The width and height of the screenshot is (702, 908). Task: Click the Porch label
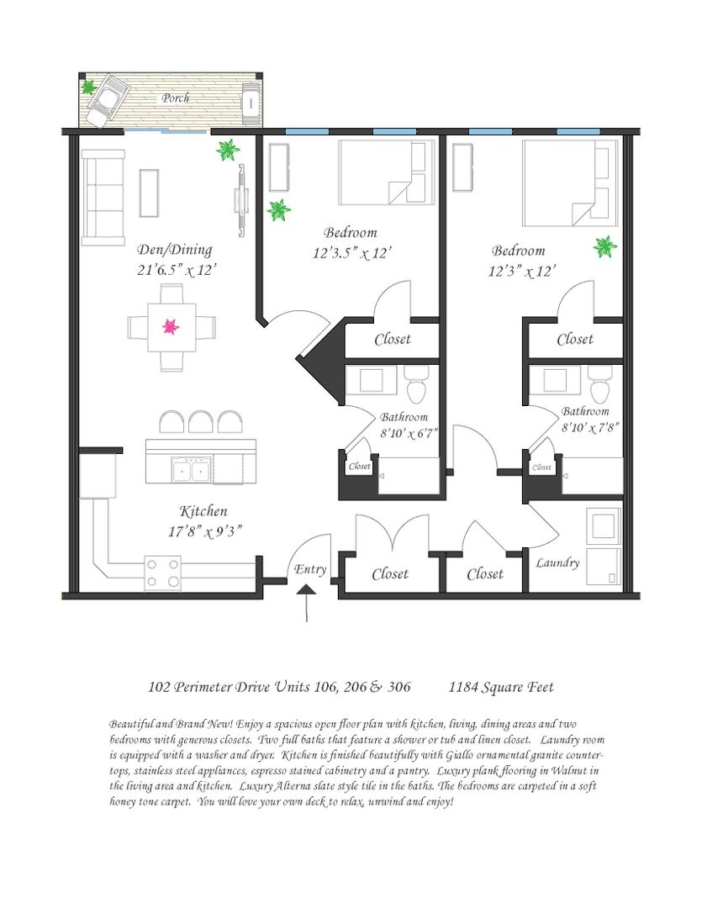coord(176,98)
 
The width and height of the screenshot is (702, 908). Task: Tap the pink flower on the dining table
coord(171,326)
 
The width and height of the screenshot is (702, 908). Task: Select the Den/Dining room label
coord(174,250)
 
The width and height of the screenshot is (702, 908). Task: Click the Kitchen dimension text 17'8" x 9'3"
coord(204,531)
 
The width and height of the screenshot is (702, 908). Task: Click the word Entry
coord(310,569)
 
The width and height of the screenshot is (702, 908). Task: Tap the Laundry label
coord(557,562)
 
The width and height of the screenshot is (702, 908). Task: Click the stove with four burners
coord(163,573)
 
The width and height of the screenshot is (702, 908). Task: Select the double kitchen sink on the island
coord(192,469)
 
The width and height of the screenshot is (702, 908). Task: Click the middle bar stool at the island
coord(200,422)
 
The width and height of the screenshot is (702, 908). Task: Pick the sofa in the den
coord(103,198)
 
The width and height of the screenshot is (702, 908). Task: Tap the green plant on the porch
coord(88,87)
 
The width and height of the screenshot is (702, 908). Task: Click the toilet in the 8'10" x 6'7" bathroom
coord(416,383)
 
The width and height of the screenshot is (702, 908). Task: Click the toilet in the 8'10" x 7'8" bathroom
coord(599,383)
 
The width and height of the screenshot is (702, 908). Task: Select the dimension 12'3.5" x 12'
coord(352,253)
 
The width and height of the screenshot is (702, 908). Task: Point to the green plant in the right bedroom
coord(604,246)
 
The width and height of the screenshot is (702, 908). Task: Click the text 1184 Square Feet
coord(501,687)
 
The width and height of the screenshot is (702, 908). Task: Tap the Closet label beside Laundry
coord(485,574)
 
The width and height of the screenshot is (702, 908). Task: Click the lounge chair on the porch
coord(108,99)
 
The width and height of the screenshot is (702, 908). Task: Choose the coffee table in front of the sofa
coord(149,193)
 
